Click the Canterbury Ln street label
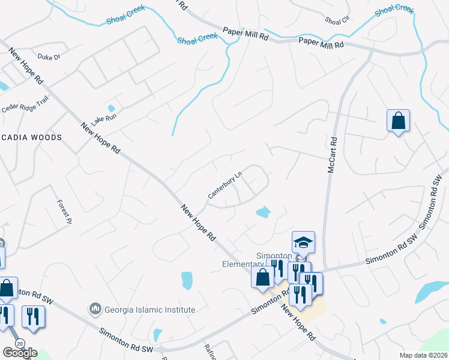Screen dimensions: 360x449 (x=224, y=185)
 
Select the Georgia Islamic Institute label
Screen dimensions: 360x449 (x=150, y=310)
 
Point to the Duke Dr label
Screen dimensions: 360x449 (x=49, y=58)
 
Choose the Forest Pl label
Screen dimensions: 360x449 (x=64, y=212)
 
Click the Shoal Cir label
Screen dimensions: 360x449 (x=337, y=20)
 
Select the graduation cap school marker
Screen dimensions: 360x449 (x=303, y=242)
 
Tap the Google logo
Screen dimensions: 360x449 (x=20, y=353)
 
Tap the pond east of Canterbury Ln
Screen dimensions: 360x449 (x=262, y=212)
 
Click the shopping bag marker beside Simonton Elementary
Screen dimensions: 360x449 (x=262, y=277)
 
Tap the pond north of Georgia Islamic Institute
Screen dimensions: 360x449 (x=187, y=280)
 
